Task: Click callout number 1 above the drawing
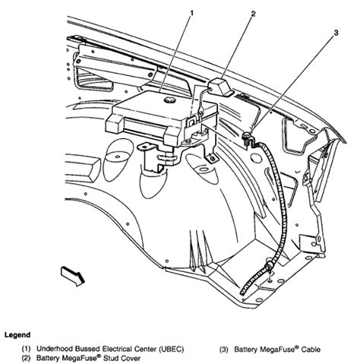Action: click(191, 13)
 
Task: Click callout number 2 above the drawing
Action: click(253, 14)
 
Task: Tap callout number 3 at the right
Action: click(336, 33)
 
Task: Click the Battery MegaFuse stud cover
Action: click(221, 87)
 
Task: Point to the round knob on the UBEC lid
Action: click(169, 100)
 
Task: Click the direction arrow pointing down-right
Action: click(73, 277)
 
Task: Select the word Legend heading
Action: click(17, 335)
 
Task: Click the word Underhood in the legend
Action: click(52, 349)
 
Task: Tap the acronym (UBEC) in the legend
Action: click(171, 349)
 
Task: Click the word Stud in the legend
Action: click(109, 358)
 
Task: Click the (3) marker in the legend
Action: click(224, 350)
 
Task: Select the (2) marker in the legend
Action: click(26, 358)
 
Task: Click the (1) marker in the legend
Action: click(26, 349)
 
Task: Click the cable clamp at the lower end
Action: click(268, 266)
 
